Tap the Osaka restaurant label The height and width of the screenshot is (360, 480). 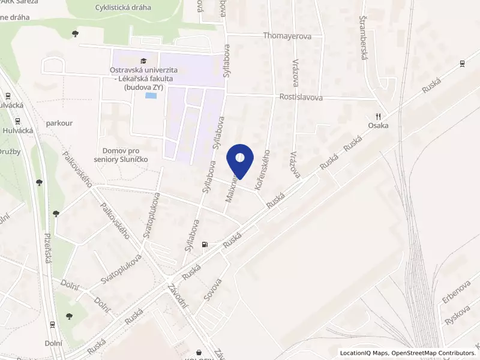pos(379,125)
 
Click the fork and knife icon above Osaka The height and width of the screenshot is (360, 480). pos(379,116)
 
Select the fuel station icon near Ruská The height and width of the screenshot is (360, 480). pos(205,244)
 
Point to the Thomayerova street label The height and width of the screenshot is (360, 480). pos(287,36)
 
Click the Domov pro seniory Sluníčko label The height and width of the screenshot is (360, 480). pos(125,154)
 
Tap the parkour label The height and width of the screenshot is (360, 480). pos(59,123)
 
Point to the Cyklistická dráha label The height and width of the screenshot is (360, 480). pos(123,8)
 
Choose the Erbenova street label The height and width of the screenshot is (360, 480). pos(457,291)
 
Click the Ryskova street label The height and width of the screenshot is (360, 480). pos(457,314)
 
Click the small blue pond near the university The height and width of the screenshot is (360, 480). pos(153,95)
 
